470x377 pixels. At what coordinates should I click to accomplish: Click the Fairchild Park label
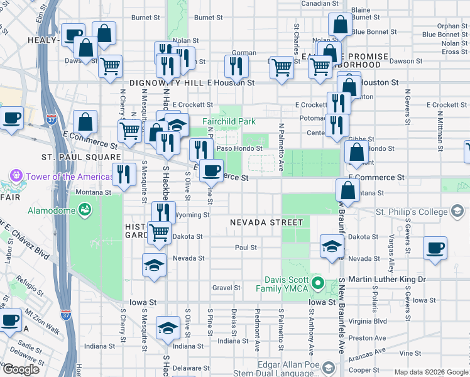click(229, 121)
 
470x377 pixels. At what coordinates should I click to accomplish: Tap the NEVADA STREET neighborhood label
click(266, 222)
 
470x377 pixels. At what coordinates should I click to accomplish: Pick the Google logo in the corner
click(21, 369)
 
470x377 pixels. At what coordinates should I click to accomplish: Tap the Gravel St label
click(226, 288)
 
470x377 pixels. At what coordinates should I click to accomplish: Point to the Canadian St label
click(320, 3)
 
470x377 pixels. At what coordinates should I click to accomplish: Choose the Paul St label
click(246, 248)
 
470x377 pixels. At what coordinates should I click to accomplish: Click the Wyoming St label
click(192, 215)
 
